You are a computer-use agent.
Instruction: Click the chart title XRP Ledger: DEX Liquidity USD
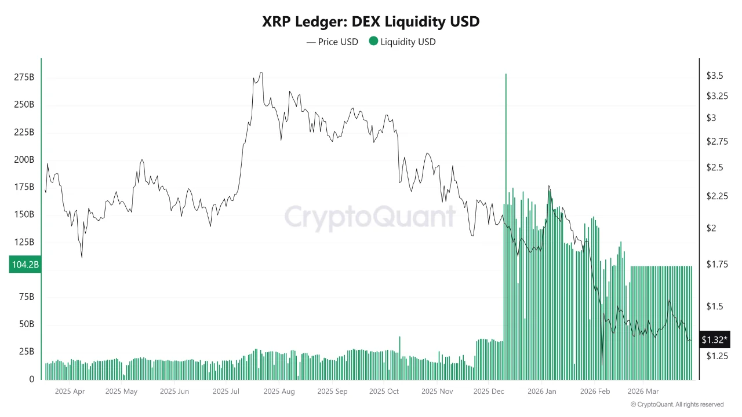(x=371, y=22)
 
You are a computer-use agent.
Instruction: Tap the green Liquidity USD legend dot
(x=373, y=41)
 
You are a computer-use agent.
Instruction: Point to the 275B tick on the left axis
(x=24, y=77)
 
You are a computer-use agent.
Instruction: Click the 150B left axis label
(x=24, y=214)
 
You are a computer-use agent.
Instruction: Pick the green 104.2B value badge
(x=24, y=265)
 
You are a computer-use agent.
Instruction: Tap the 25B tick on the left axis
(x=26, y=352)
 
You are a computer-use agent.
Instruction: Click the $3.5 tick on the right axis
(x=714, y=76)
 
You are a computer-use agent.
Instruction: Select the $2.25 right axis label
(x=716, y=196)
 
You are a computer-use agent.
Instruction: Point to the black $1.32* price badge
(x=715, y=340)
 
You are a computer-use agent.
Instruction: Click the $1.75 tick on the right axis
(x=716, y=265)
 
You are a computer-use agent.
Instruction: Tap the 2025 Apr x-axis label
(x=70, y=392)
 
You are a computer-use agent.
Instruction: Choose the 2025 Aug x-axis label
(x=279, y=392)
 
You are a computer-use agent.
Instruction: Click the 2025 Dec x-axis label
(x=489, y=392)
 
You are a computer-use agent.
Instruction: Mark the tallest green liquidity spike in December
(x=506, y=75)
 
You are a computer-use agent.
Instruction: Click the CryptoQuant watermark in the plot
(x=370, y=217)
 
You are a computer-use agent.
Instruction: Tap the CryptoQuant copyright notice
(x=676, y=404)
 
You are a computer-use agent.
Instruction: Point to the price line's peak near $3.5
(x=261, y=73)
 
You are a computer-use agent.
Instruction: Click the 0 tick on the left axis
(x=32, y=379)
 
